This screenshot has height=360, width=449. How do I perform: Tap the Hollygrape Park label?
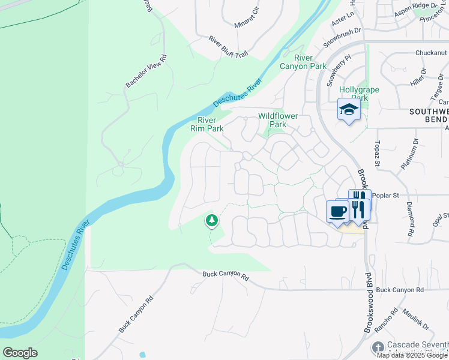tap(354, 93)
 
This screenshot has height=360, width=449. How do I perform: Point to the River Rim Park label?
tap(207, 124)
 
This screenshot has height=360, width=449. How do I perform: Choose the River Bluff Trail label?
tap(228, 47)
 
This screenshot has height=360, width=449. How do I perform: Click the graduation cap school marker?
tap(348, 110)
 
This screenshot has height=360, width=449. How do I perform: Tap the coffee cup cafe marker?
tap(337, 211)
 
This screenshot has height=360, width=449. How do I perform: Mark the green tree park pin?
tap(211, 220)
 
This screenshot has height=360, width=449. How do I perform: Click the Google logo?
tap(20, 353)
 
